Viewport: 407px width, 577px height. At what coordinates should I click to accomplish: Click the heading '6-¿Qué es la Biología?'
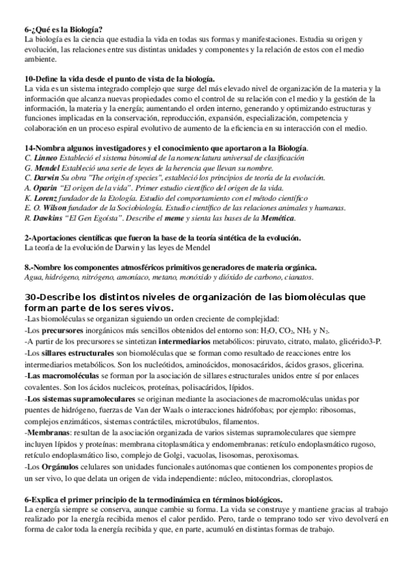click(x=63, y=30)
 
